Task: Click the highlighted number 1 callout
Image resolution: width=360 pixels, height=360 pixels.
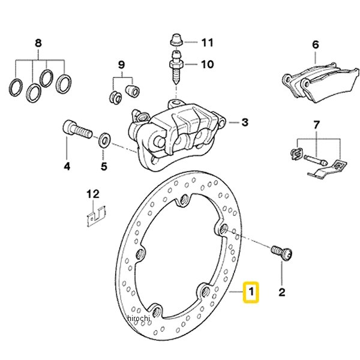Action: (251, 292)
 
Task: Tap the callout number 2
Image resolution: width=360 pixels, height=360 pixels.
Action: (282, 292)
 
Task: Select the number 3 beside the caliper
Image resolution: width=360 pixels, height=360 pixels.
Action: (245, 122)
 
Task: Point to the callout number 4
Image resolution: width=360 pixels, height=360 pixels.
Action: (67, 166)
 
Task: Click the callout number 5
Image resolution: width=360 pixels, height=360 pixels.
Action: (104, 166)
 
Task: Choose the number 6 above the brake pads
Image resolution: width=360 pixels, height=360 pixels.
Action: (316, 44)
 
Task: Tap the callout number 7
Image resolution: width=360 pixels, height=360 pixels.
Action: (317, 125)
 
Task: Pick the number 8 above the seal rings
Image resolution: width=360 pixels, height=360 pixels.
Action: (38, 43)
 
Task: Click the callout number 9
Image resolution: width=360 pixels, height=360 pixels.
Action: (121, 65)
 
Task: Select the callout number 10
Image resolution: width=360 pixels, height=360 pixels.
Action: (208, 64)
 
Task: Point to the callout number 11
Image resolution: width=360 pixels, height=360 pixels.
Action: (208, 43)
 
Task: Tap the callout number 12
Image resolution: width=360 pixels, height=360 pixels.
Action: (93, 194)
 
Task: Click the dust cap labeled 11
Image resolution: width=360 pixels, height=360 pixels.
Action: (176, 40)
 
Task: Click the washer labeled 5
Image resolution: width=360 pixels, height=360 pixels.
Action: (104, 139)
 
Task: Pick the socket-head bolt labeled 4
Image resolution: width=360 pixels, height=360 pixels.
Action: (77, 130)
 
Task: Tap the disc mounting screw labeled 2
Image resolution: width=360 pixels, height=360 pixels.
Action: (281, 253)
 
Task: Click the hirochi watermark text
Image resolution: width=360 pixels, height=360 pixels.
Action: (138, 318)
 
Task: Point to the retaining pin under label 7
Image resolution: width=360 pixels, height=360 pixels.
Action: (315, 160)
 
